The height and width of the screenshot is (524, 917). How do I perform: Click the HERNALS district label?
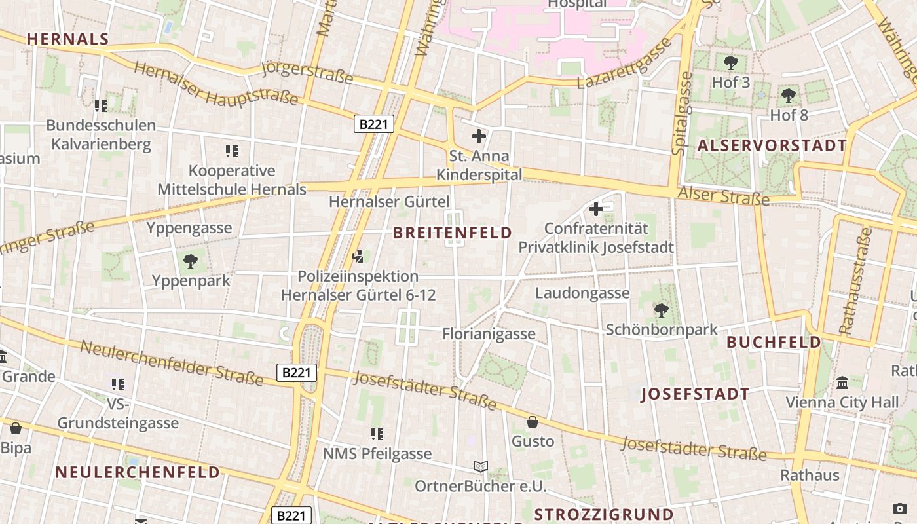click(68, 39)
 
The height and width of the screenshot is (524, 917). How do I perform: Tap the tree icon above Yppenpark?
click(191, 261)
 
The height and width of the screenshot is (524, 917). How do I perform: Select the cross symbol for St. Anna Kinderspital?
click(479, 136)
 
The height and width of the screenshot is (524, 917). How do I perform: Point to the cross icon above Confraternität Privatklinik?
click(596, 209)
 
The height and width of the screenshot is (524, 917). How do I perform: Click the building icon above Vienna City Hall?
click(842, 383)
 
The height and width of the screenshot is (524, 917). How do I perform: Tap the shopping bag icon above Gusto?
click(533, 421)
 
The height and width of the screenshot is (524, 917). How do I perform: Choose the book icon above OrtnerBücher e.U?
click(481, 466)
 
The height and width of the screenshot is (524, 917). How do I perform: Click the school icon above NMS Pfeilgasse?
click(377, 434)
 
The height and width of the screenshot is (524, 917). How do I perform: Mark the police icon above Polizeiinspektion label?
click(358, 257)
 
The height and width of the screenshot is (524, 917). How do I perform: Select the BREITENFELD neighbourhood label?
click(453, 233)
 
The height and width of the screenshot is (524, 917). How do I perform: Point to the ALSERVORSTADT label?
click(772, 145)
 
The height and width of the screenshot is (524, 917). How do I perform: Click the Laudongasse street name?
click(582, 293)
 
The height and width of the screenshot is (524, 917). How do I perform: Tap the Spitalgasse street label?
click(683, 113)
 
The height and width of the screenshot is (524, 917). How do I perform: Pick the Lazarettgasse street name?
click(625, 64)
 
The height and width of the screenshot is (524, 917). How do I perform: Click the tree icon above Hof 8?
click(789, 96)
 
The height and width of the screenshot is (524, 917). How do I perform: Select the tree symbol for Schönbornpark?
click(662, 310)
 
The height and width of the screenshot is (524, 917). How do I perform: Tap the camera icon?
click(900, 508)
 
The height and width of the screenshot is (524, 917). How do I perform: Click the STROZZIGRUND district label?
click(604, 514)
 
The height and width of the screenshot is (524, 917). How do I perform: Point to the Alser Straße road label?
click(724, 195)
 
